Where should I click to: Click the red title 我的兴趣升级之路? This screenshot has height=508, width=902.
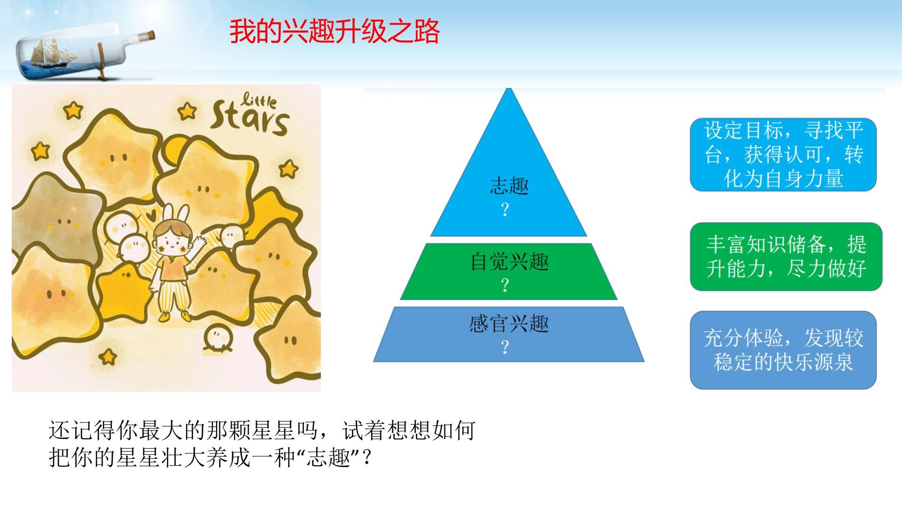tap(334, 32)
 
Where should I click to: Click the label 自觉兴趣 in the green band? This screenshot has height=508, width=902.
tap(509, 261)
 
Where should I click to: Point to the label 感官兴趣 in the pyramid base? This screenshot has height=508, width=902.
tap(509, 324)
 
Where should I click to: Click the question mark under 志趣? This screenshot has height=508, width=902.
tap(505, 210)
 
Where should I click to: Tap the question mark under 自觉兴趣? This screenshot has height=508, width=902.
tap(505, 285)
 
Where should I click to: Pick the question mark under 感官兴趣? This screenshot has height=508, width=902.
tap(505, 347)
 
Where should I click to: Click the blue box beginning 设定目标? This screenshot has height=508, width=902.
tap(783, 155)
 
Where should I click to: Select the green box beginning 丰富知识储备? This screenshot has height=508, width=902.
tap(786, 256)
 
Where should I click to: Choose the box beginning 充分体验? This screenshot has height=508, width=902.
tap(783, 350)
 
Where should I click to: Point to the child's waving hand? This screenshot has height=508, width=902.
tap(202, 244)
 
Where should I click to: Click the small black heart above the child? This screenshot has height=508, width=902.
tap(150, 217)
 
